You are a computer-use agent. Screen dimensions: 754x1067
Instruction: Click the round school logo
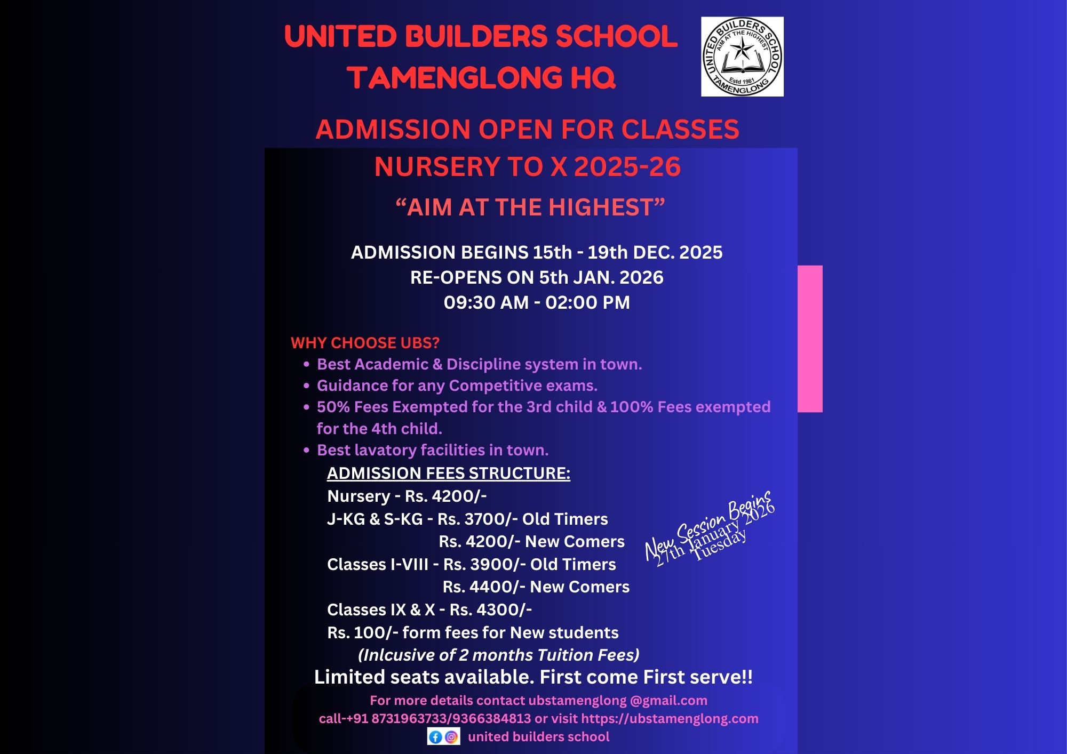(x=742, y=57)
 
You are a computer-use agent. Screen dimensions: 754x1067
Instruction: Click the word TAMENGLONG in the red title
(x=456, y=77)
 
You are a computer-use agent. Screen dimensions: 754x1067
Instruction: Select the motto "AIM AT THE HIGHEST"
(x=530, y=207)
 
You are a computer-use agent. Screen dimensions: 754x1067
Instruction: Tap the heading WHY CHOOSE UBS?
(x=365, y=342)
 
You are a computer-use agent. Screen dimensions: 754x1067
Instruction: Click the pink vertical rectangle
(x=810, y=339)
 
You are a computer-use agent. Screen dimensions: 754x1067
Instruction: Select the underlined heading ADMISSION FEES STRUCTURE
(x=448, y=473)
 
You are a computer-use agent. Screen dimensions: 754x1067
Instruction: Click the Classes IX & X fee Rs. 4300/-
(x=490, y=609)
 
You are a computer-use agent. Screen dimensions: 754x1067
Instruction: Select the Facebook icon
(x=435, y=737)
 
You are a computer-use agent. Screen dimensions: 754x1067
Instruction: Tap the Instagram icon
(x=451, y=737)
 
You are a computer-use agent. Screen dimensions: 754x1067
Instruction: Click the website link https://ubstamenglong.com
(x=670, y=718)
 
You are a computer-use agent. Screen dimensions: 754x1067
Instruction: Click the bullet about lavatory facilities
(x=432, y=450)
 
